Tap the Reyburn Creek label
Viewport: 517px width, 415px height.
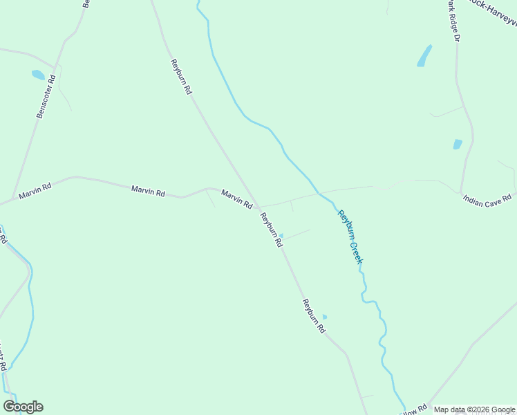[350, 237]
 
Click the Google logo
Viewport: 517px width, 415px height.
[23, 407]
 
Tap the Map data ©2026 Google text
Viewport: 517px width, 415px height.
[475, 409]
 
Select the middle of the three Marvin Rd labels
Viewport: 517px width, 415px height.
[148, 191]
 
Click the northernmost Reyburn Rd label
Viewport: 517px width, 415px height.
[181, 77]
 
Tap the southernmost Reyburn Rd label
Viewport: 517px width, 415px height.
[312, 316]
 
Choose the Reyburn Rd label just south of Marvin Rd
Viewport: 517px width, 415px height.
[271, 230]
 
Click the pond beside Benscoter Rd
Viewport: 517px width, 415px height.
[38, 75]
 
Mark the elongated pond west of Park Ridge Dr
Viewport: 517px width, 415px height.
[424, 56]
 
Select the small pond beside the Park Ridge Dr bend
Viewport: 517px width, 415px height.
[457, 145]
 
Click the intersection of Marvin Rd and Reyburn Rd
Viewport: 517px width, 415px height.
[258, 207]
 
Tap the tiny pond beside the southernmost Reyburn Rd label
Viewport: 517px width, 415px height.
[325, 317]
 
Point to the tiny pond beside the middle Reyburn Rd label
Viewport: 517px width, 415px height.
[281, 235]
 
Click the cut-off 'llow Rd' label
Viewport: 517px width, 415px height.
[412, 411]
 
